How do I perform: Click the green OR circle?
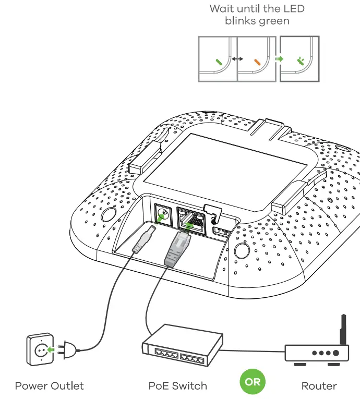click(253, 382)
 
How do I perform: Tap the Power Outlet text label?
click(49, 386)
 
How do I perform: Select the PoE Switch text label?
click(178, 386)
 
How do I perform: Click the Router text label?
click(319, 386)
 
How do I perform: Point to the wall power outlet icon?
click(40, 348)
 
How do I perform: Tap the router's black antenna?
click(343, 329)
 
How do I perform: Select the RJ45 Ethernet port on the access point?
click(190, 219)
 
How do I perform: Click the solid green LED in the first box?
click(220, 61)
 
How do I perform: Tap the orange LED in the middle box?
click(257, 61)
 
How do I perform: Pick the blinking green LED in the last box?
click(301, 61)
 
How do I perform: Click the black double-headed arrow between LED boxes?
click(238, 59)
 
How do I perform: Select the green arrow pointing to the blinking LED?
click(279, 59)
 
